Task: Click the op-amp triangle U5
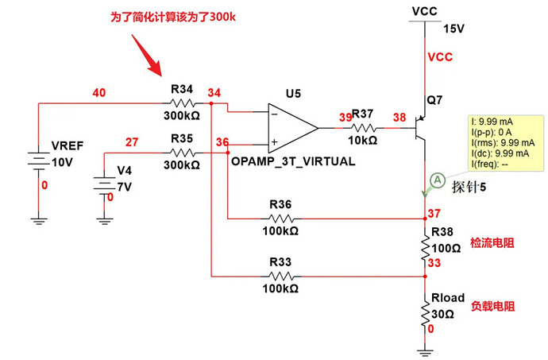click(291, 128)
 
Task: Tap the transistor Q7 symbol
click(422, 128)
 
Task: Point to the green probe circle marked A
click(436, 180)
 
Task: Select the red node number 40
click(99, 93)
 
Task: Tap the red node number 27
click(132, 143)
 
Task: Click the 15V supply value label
click(453, 29)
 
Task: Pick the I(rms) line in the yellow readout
click(504, 142)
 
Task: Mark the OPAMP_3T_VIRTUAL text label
click(293, 161)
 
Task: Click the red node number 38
click(399, 117)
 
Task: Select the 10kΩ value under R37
click(362, 141)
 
